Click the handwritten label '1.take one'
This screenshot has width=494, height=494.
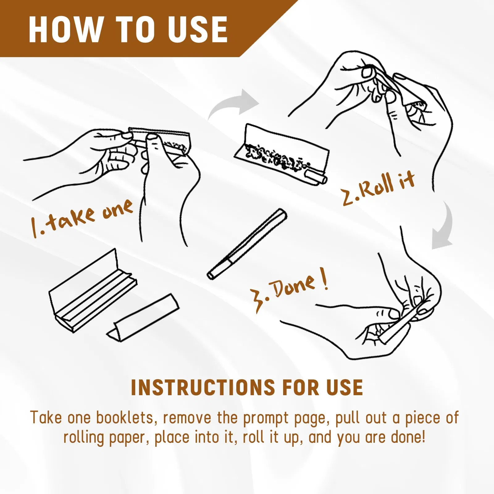coord(82,218)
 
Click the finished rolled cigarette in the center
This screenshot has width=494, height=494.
coord(247,244)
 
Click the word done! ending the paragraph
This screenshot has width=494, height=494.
coord(408,437)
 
